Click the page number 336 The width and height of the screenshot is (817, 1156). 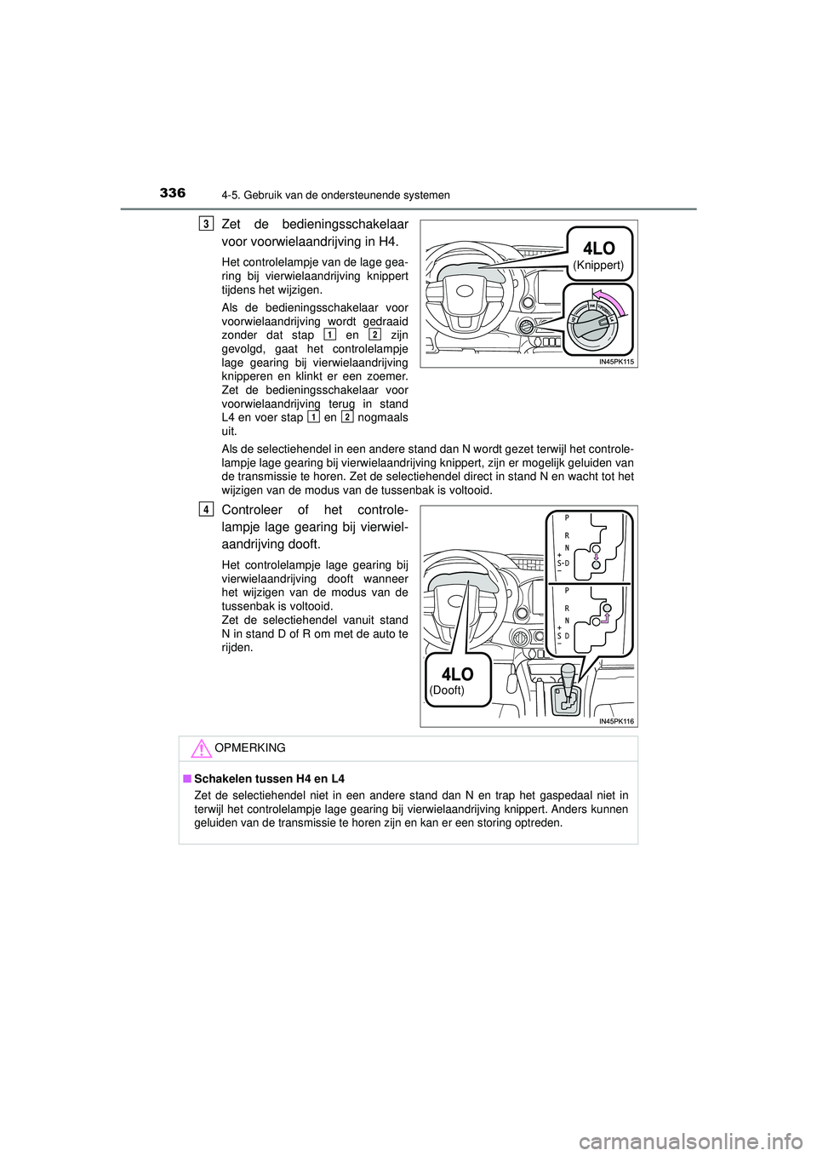click(x=172, y=193)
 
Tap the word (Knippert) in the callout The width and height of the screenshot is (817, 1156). click(x=597, y=266)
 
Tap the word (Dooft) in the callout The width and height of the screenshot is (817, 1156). click(x=448, y=690)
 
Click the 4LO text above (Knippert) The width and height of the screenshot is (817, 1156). click(x=598, y=248)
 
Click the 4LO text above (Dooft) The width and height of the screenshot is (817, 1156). click(x=458, y=674)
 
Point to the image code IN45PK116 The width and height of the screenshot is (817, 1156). click(x=616, y=721)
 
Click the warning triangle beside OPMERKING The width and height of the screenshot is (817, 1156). click(x=200, y=749)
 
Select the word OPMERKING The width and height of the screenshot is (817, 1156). click(x=250, y=748)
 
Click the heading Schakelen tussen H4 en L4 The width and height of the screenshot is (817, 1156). click(x=269, y=779)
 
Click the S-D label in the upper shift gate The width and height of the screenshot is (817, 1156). click(x=563, y=563)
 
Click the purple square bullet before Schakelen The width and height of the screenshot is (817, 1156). click(x=186, y=779)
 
